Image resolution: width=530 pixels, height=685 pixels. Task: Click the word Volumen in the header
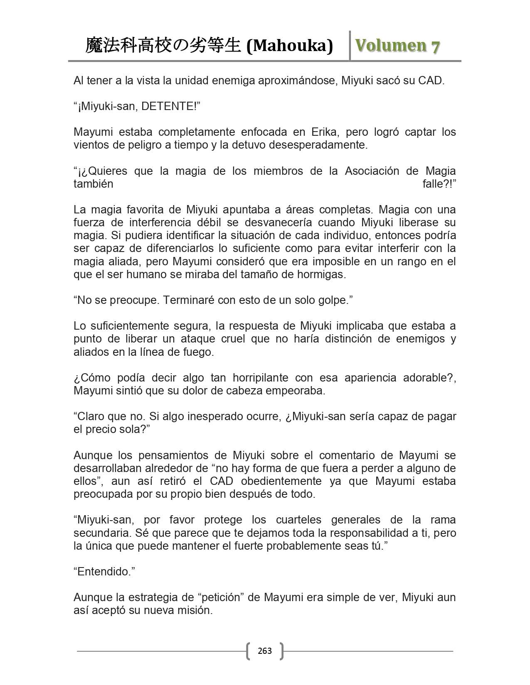[390, 46]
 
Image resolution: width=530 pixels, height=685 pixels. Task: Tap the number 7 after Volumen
[435, 46]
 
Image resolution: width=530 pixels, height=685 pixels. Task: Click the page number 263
[265, 651]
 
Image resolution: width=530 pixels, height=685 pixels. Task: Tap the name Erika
[324, 132]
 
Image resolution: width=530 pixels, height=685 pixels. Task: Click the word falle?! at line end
[439, 184]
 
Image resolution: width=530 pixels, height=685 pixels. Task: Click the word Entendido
[104, 572]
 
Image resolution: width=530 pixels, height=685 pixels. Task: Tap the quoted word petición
[224, 597]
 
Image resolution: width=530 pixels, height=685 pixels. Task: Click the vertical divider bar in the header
[350, 46]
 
